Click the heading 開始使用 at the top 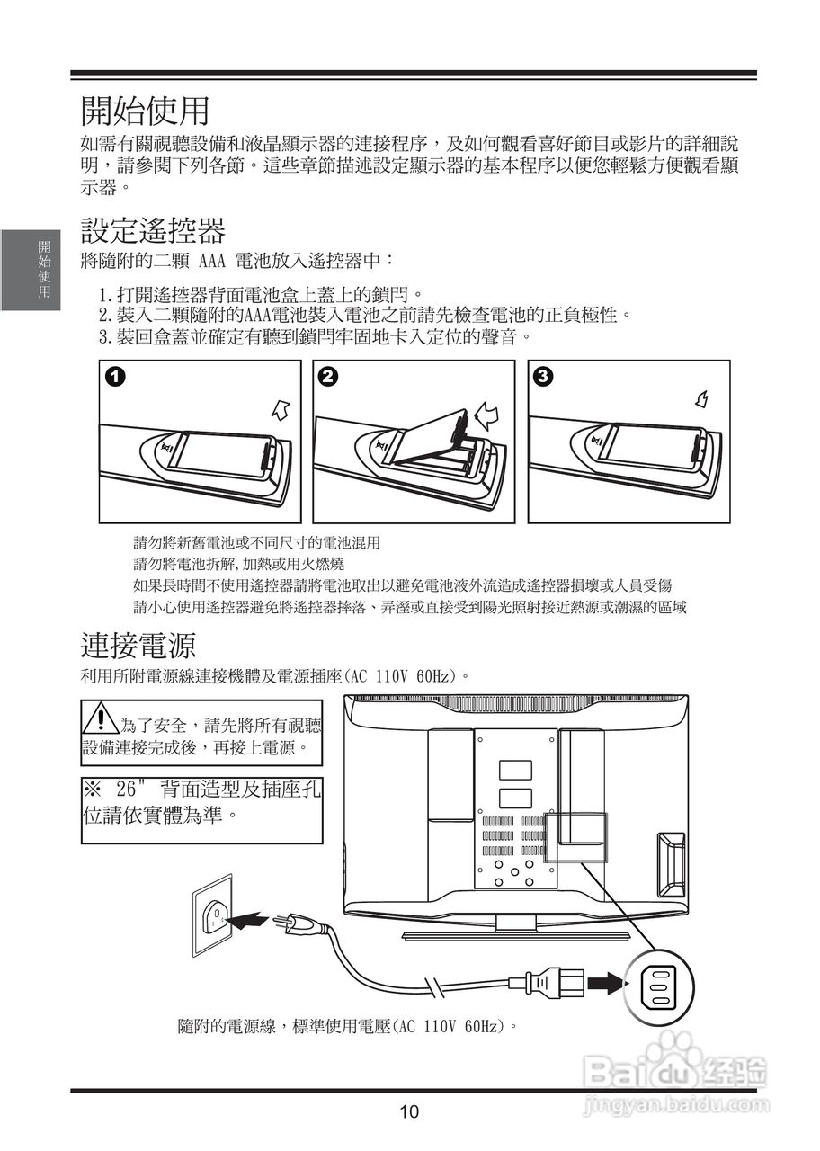145,111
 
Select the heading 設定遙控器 153,230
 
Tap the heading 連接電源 138,646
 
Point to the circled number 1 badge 116,377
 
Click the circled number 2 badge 328,377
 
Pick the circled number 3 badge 543,377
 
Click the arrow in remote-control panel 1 281,410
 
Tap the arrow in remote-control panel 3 702,399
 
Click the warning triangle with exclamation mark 102,718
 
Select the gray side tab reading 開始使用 31,270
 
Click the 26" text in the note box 131,790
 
